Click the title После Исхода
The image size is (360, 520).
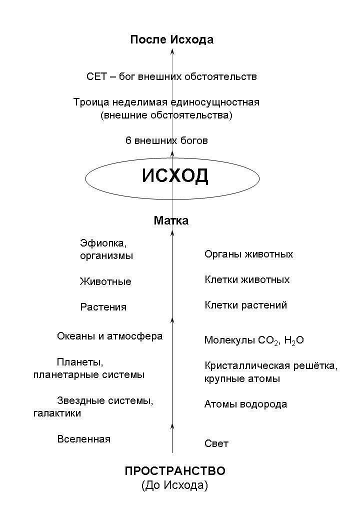pyautogui.click(x=171, y=39)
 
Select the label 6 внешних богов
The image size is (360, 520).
pyautogui.click(x=166, y=140)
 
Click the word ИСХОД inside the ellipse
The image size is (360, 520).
pyautogui.click(x=175, y=176)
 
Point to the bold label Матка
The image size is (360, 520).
pyautogui.click(x=171, y=220)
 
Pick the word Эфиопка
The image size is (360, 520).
pyautogui.click(x=103, y=243)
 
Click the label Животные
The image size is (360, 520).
pyautogui.click(x=105, y=281)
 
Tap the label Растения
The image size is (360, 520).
pyautogui.click(x=103, y=307)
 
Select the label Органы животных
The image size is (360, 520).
pyautogui.click(x=248, y=254)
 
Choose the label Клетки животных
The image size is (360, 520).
pyautogui.click(x=247, y=279)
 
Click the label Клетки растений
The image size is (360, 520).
pyautogui.click(x=245, y=305)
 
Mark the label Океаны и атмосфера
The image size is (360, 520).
pyautogui.click(x=109, y=336)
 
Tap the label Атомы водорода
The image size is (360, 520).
pyautogui.click(x=245, y=404)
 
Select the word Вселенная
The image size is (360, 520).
pyautogui.click(x=84, y=439)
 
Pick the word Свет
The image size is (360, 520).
pyautogui.click(x=216, y=443)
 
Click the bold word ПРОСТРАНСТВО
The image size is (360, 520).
pyautogui.click(x=174, y=471)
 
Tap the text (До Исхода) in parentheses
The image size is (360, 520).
pyautogui.click(x=174, y=485)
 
